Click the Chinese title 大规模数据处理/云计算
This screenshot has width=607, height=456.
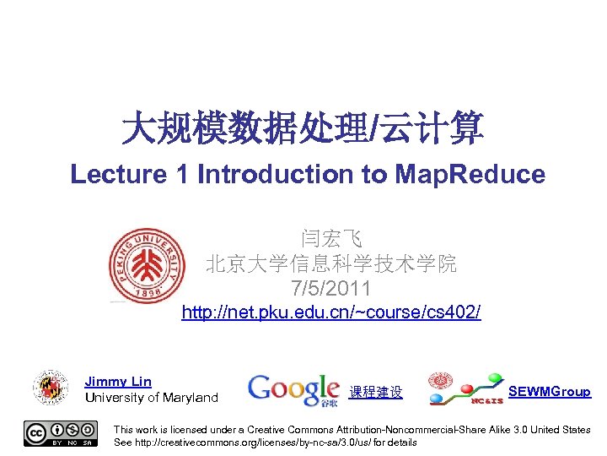point(303,128)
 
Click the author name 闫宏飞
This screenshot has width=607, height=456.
point(330,239)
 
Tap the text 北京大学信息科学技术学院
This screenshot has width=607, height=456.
point(330,264)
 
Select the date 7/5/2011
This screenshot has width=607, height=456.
point(330,289)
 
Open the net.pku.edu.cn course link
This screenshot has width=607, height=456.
point(331,313)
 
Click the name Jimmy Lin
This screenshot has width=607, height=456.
point(118,382)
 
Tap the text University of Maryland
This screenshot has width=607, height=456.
point(151,398)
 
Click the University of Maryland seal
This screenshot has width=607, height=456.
point(51,387)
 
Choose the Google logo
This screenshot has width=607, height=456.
point(293,389)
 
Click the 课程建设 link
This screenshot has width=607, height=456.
point(376,393)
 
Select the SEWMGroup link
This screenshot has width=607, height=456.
point(549,391)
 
